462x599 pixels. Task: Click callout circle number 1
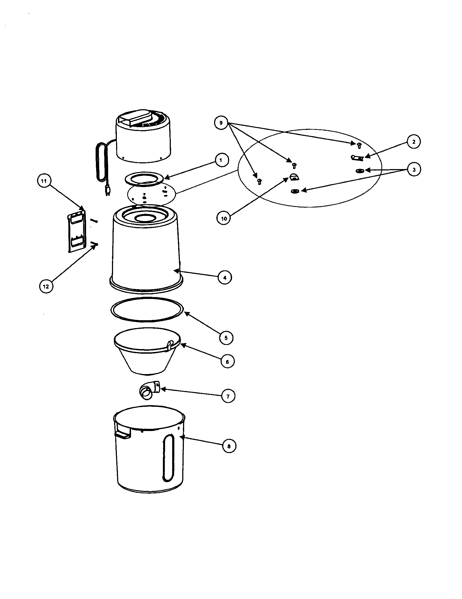(221, 160)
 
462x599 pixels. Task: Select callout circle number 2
(414, 142)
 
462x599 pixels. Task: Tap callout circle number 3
(414, 170)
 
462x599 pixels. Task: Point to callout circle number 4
(225, 277)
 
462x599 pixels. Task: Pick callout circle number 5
(226, 338)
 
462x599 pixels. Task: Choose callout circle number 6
(227, 362)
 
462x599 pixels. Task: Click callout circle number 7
(228, 396)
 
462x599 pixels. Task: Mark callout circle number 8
(229, 446)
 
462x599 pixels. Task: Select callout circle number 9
(221, 123)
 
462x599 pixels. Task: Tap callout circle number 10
(224, 219)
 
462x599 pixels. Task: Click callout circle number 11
(44, 181)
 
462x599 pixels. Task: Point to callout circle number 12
(46, 286)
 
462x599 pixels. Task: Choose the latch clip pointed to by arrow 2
(357, 158)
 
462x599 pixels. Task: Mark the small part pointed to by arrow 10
(294, 177)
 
